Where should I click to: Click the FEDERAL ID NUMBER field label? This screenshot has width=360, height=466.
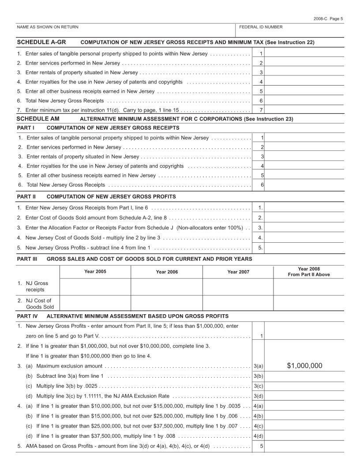261,27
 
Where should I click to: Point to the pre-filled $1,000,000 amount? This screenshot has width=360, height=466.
304,365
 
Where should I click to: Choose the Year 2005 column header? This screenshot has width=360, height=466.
95,272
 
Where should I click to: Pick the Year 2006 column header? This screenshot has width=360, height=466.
167,272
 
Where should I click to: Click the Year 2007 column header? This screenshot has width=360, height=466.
238,272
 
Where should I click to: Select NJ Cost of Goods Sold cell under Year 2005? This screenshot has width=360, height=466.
95,304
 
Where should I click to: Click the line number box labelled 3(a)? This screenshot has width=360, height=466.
259,366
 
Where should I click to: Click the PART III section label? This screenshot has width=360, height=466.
27,259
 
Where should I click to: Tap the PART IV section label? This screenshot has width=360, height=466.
27,316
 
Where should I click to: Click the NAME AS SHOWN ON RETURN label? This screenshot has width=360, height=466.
48,27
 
